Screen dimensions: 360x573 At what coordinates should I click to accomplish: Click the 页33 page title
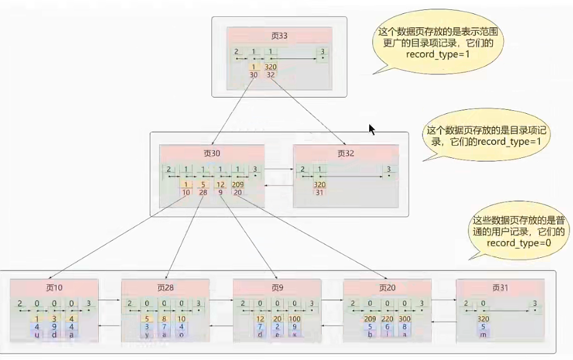(x=279, y=36)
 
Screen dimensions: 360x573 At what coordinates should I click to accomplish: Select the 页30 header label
(x=211, y=154)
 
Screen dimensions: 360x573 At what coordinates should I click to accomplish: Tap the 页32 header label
(x=346, y=154)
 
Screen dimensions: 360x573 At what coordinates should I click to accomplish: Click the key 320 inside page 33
(x=271, y=67)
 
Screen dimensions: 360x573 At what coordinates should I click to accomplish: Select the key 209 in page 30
(x=238, y=185)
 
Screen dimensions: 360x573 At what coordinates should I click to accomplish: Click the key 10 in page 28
(x=182, y=319)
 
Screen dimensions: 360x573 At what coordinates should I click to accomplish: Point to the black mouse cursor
(x=372, y=129)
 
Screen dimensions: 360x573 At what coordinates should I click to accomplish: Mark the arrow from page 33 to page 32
(x=308, y=110)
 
